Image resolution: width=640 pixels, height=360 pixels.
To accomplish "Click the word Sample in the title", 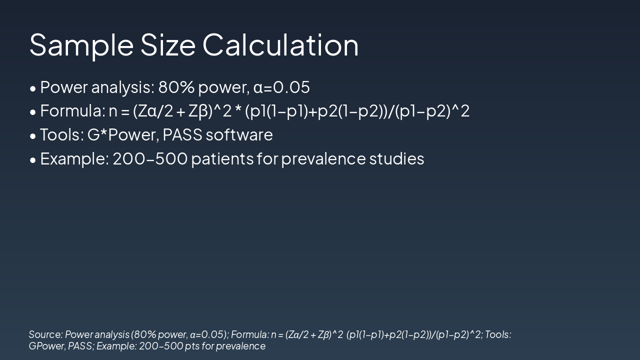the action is [81, 45].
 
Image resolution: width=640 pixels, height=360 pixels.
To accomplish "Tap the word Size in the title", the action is [167, 44].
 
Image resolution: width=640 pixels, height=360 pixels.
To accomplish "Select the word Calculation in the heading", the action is [280, 44].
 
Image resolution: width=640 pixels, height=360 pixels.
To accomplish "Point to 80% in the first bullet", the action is [176, 87].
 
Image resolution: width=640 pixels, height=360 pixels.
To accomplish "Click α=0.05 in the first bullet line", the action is [281, 87].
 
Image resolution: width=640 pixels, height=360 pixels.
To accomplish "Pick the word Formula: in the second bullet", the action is [73, 111].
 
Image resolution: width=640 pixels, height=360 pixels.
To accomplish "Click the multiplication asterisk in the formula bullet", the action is [238, 109].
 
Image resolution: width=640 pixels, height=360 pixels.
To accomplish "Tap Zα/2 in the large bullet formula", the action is [153, 111].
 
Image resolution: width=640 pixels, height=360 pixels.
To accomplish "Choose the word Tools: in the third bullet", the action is [62, 134].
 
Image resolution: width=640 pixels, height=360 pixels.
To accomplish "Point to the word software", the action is [239, 134].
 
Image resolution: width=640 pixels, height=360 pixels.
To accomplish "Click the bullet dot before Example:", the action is [33, 160].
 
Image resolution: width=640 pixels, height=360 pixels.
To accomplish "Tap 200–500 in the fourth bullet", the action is [150, 158].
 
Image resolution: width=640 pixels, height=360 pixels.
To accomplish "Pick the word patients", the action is [222, 159].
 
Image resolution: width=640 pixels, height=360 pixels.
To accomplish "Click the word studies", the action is [396, 158].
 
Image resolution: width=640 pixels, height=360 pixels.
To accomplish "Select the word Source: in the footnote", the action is [45, 334].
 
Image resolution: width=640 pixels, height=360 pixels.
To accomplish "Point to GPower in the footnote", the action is [47, 346].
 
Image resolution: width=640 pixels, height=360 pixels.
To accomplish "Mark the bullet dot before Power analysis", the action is [33, 89].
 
